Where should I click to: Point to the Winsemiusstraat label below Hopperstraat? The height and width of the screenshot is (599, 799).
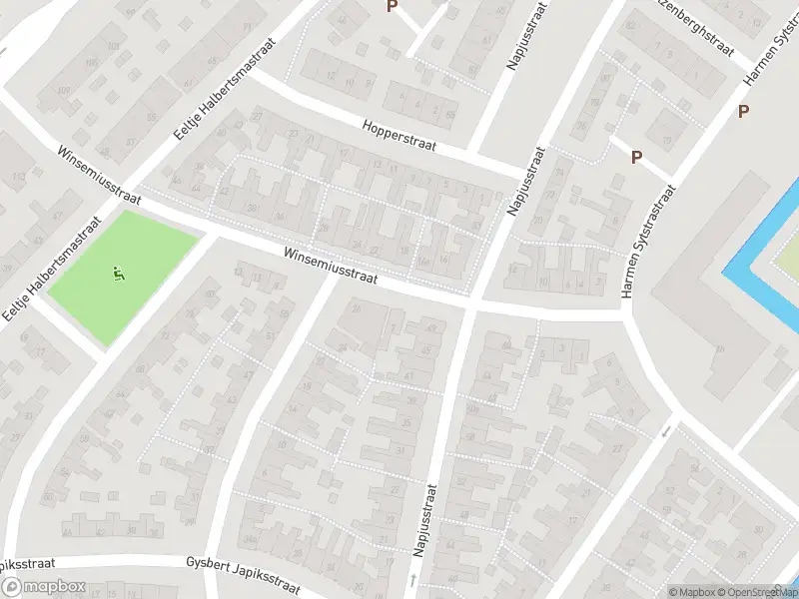(x=329, y=267)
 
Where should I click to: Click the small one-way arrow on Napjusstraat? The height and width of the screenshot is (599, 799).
(x=412, y=579)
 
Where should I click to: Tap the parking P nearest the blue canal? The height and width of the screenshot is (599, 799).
(x=743, y=112)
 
